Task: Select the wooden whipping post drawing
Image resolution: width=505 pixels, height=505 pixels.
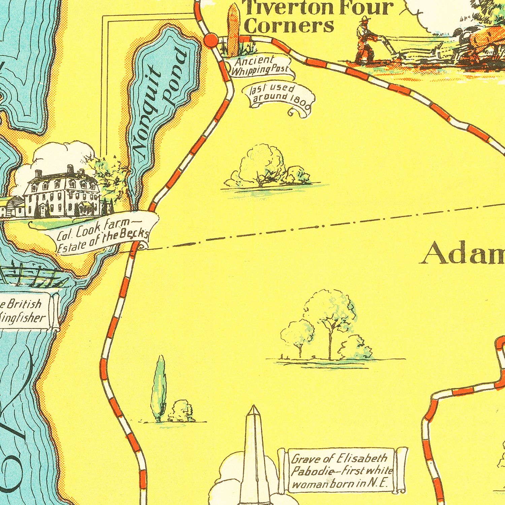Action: point(233,30)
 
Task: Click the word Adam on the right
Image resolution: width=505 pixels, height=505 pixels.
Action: point(463,254)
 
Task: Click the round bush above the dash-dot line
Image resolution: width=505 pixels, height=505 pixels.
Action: point(263,165)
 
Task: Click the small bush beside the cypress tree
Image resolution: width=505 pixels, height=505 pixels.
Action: point(182,411)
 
